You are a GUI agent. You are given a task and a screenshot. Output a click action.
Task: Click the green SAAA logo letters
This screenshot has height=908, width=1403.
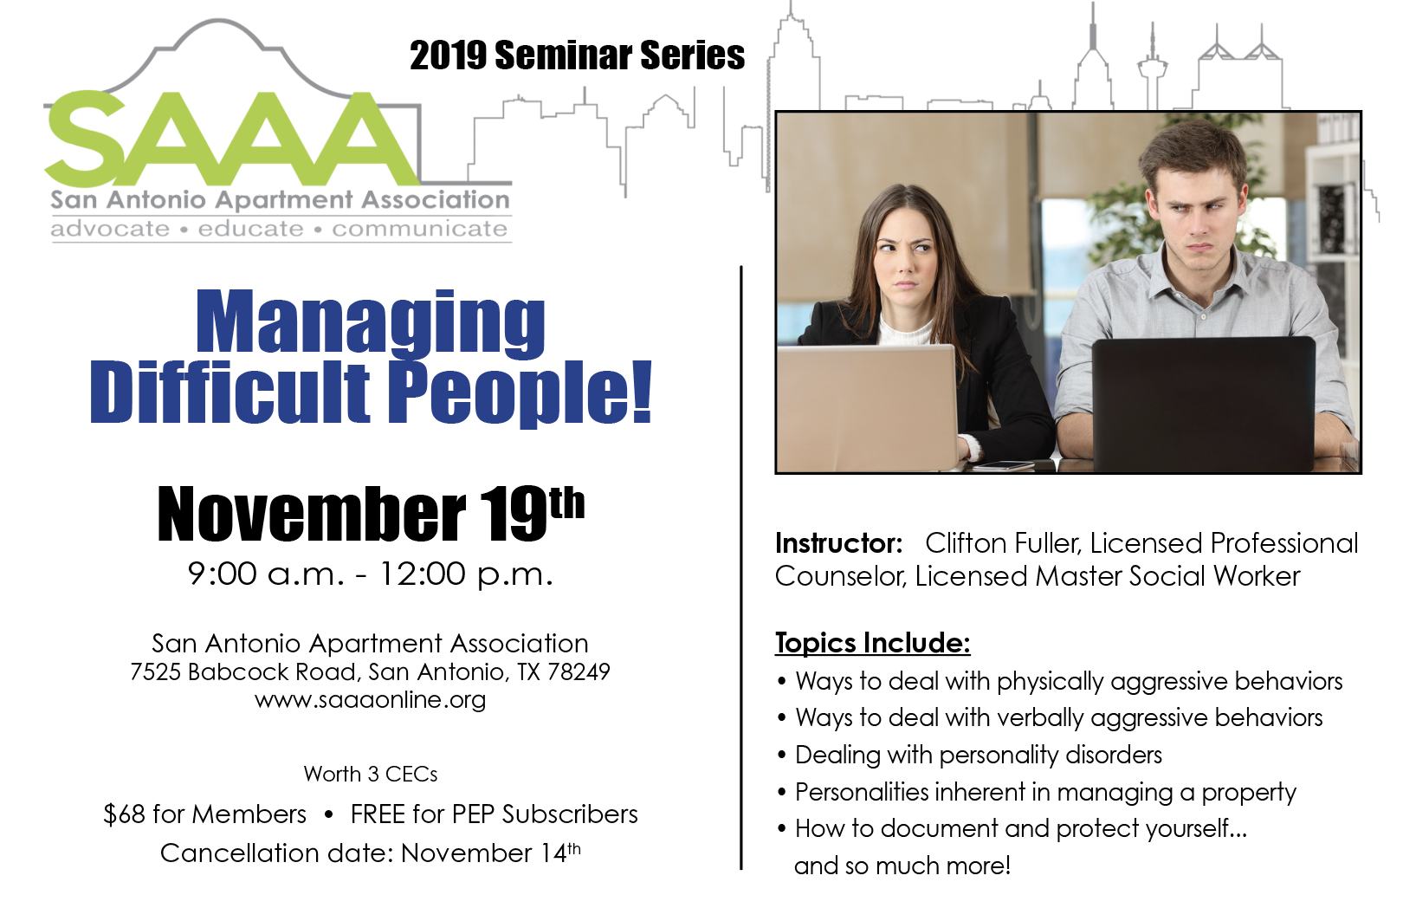[x=232, y=139]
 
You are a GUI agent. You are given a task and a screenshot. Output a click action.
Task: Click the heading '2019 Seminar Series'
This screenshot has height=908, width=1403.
[x=577, y=55]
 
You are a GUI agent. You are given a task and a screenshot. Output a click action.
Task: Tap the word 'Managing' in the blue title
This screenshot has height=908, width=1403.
[x=370, y=325]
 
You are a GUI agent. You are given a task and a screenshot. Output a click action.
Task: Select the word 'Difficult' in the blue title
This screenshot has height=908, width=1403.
[x=230, y=392]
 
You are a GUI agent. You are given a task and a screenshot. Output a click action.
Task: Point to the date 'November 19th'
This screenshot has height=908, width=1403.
[x=370, y=514]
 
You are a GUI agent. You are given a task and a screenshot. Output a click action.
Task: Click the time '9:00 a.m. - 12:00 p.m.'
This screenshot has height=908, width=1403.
[x=370, y=574]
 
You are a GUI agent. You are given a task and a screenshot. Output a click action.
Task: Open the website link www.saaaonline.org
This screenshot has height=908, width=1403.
[x=370, y=699]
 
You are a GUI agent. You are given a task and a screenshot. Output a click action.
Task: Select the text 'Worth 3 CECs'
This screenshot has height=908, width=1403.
[x=370, y=774]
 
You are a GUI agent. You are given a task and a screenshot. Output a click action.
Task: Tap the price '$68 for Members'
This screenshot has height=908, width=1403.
[x=204, y=814]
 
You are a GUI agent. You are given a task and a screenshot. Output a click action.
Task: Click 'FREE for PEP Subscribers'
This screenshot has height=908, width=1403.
[x=495, y=814]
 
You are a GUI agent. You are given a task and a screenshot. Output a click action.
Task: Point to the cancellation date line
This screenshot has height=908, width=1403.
[x=370, y=853]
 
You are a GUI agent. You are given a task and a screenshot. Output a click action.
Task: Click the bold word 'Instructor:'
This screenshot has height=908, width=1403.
[x=838, y=543]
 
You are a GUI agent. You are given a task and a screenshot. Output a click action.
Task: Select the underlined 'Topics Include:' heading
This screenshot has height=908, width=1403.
[x=872, y=643]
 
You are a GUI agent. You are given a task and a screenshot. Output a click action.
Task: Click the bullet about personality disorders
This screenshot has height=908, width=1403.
[x=970, y=756]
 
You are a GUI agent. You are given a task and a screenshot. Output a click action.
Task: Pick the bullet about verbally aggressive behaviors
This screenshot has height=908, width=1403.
[x=1050, y=718]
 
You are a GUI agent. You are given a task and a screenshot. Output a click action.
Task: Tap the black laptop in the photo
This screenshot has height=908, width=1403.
[x=1204, y=405]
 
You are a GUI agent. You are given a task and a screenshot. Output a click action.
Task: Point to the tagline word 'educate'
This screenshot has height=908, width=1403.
[x=250, y=229]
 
